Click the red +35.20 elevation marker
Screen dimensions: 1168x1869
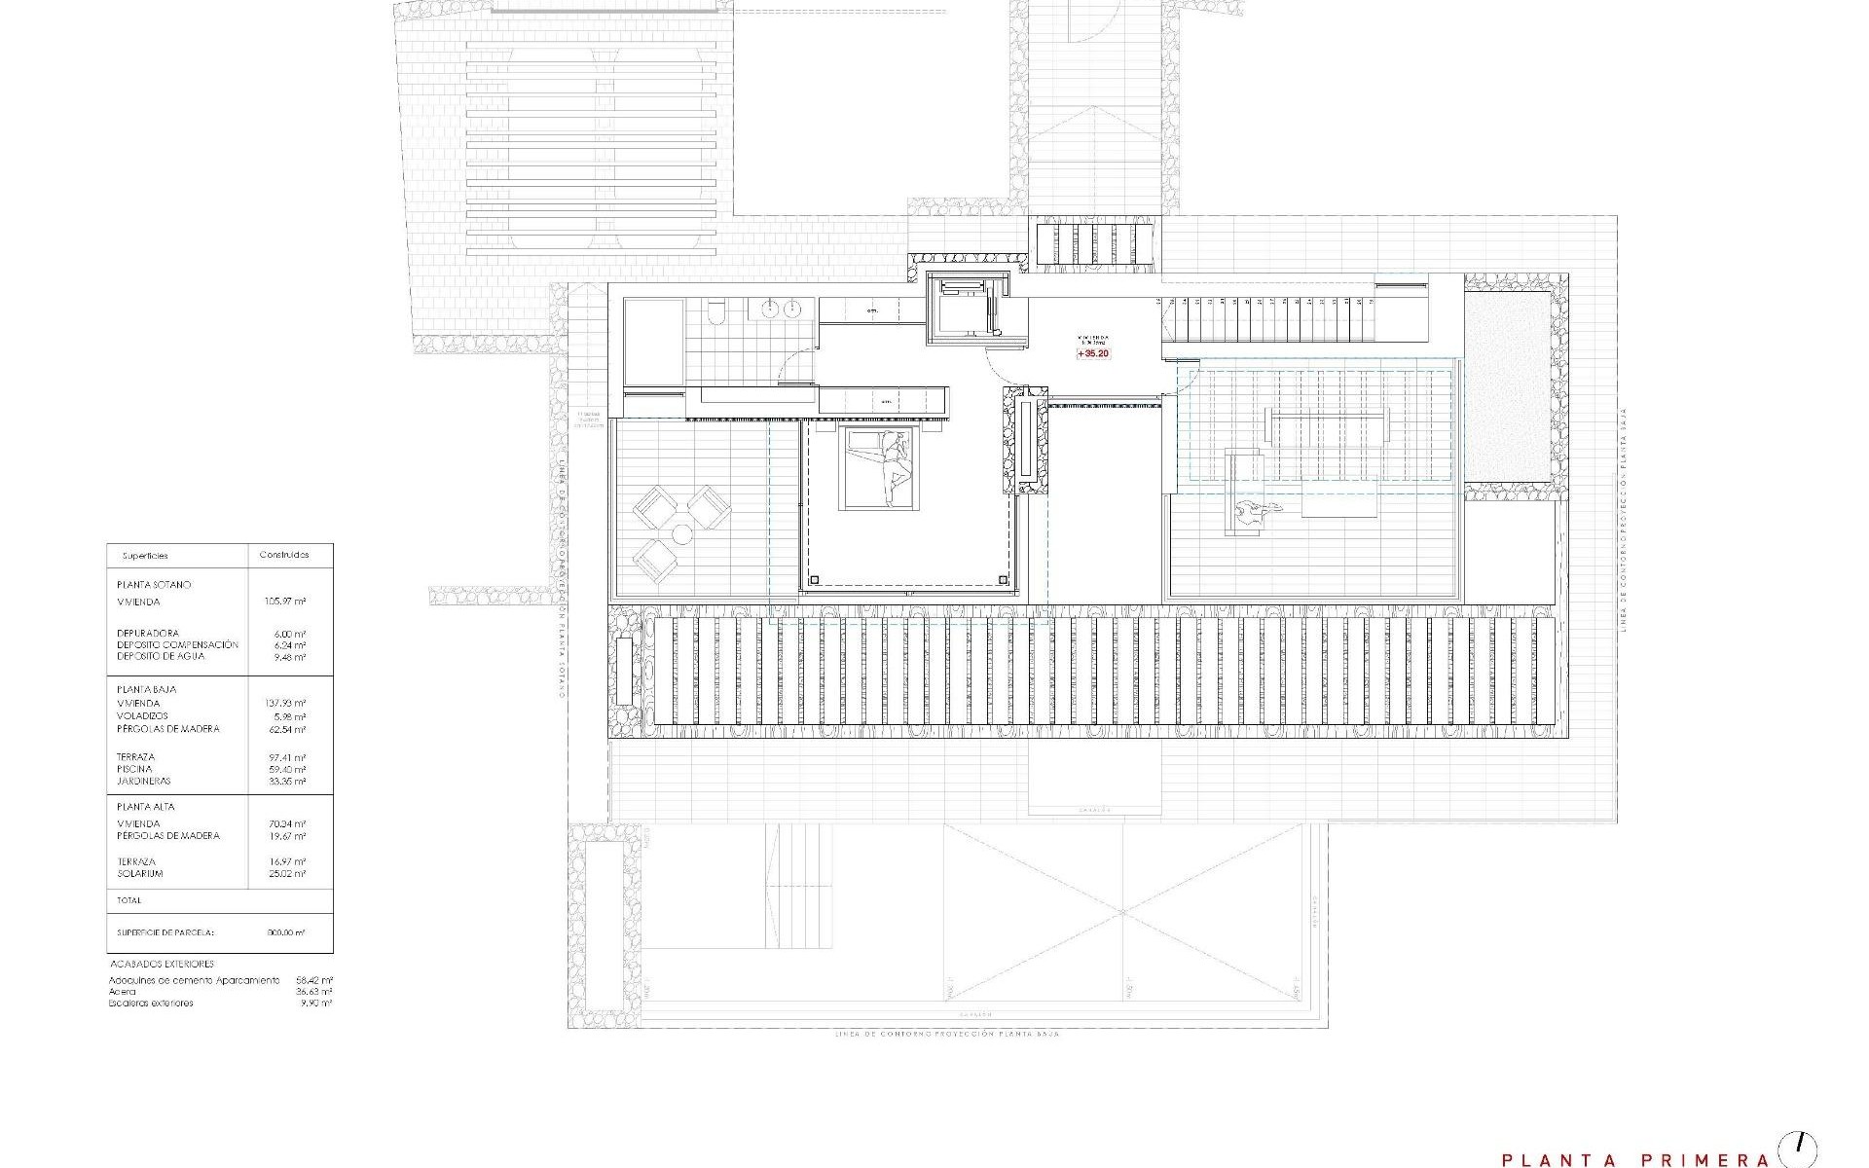(1092, 354)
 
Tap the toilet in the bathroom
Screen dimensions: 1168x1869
(716, 310)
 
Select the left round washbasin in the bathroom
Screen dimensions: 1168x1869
(769, 310)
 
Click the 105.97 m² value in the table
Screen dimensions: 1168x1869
(285, 602)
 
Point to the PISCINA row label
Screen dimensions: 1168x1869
(135, 769)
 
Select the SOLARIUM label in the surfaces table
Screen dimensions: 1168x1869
(140, 873)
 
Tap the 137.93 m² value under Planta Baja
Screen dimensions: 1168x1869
(285, 703)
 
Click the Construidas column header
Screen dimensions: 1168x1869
(284, 555)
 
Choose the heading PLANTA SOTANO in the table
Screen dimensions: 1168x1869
(154, 585)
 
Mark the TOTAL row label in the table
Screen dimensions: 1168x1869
(128, 900)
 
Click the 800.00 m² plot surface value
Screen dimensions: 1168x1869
(285, 932)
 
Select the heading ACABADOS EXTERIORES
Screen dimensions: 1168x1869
(162, 964)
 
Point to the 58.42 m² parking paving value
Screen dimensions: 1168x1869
(314, 980)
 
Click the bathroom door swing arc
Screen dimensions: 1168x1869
(794, 362)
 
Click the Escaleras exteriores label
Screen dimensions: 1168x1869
(151, 1003)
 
